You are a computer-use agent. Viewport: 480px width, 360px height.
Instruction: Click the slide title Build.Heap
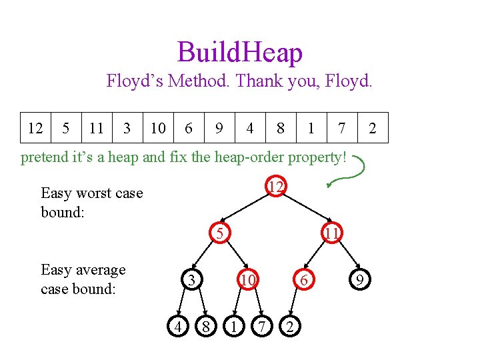(x=240, y=53)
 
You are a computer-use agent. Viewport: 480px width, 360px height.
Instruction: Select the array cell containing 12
(x=35, y=128)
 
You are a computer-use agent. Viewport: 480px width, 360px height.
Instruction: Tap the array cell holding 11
(x=97, y=128)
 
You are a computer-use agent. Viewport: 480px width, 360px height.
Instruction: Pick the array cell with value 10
(x=158, y=128)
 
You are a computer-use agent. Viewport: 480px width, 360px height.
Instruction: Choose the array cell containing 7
(x=341, y=128)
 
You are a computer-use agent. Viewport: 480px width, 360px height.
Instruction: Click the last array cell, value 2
(x=372, y=128)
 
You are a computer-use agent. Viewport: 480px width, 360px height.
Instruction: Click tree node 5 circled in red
(x=219, y=233)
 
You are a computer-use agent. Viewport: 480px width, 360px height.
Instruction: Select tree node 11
(x=332, y=233)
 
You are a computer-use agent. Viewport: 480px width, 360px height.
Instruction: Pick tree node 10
(x=247, y=281)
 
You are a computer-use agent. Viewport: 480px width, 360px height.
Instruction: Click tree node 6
(x=303, y=281)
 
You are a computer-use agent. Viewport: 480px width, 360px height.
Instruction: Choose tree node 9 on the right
(x=359, y=281)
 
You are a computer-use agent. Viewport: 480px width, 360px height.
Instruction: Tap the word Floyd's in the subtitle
(x=135, y=81)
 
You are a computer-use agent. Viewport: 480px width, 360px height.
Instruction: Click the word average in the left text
(x=101, y=270)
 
